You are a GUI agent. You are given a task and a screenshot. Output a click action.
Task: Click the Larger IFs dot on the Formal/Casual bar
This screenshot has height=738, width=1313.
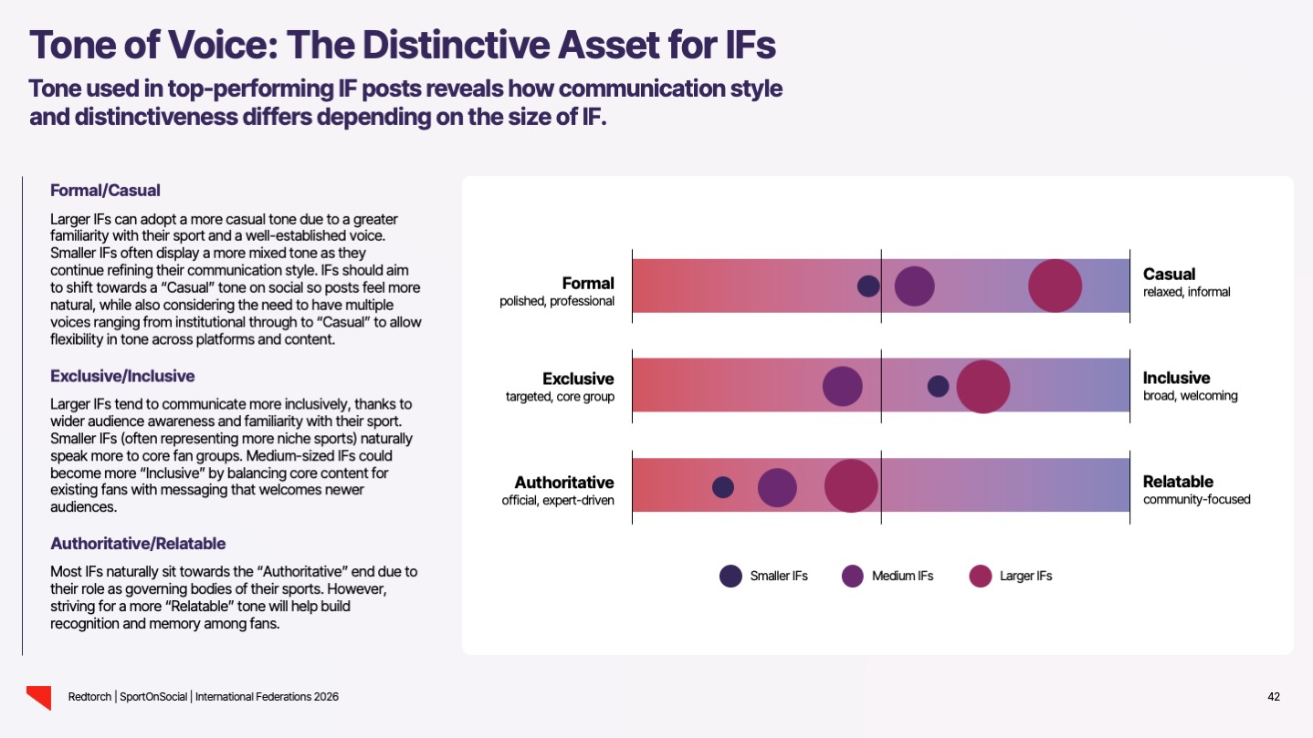1055,286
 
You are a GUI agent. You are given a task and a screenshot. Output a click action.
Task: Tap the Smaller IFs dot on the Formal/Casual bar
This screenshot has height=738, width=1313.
868,286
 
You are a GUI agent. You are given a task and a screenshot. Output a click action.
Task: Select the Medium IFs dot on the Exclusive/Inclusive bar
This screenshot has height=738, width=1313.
842,386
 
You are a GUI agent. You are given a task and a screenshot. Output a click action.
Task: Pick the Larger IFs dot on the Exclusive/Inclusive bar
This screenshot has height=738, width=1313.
982,386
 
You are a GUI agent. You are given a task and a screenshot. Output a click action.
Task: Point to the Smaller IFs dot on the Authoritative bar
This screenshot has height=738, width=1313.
722,487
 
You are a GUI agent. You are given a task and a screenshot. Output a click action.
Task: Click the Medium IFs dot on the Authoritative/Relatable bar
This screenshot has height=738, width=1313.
777,487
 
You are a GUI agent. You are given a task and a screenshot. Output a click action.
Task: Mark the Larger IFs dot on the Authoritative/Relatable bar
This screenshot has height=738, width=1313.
851,486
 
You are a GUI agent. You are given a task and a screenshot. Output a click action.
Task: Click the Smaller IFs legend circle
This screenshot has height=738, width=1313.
730,576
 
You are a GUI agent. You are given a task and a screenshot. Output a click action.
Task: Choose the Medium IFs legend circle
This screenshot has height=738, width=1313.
853,576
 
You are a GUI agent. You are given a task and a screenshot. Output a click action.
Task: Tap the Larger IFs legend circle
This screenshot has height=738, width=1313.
981,576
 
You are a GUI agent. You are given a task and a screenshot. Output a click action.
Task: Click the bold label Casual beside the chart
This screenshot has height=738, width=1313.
1169,274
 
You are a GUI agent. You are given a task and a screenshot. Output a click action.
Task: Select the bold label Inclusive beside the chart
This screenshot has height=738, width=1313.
1176,378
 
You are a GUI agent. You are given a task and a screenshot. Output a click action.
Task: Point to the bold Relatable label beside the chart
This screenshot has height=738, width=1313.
1178,482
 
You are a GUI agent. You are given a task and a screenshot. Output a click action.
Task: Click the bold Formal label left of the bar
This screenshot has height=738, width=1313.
588,283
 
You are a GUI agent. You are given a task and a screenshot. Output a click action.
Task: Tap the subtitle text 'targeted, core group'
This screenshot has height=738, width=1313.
560,396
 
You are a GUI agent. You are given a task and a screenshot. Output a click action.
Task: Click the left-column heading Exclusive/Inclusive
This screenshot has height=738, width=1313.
122,376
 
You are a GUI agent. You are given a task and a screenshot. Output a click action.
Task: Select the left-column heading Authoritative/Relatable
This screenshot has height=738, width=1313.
138,544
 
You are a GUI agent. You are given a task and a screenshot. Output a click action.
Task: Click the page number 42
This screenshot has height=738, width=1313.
1274,697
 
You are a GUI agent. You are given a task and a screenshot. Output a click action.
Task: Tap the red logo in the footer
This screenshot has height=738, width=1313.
38,697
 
